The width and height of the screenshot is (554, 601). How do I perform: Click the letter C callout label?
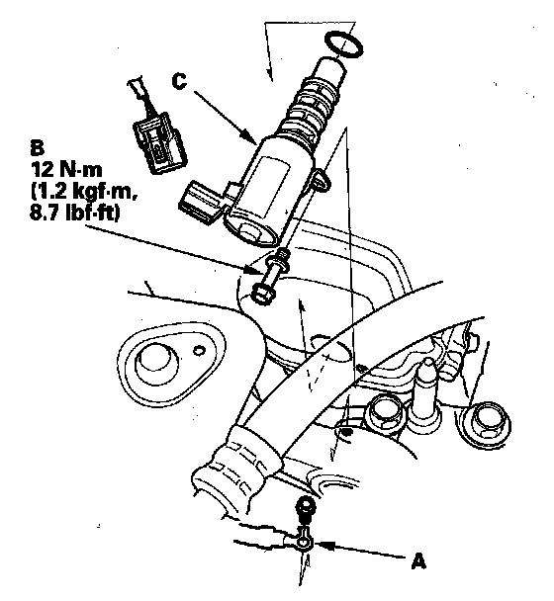(x=179, y=81)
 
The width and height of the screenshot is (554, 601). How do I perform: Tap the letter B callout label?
(x=37, y=148)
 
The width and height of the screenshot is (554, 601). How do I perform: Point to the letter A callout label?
(x=418, y=561)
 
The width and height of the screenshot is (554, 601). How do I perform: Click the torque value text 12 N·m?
(x=66, y=169)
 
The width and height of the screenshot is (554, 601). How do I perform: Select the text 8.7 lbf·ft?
(x=75, y=213)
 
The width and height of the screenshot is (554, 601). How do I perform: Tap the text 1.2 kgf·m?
(x=84, y=191)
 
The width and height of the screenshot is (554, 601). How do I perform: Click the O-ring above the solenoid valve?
(x=343, y=44)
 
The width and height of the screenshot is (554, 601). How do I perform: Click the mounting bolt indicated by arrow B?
(x=270, y=277)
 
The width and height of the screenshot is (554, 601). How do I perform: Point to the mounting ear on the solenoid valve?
(x=321, y=180)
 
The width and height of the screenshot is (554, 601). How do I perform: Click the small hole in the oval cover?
(x=198, y=350)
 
